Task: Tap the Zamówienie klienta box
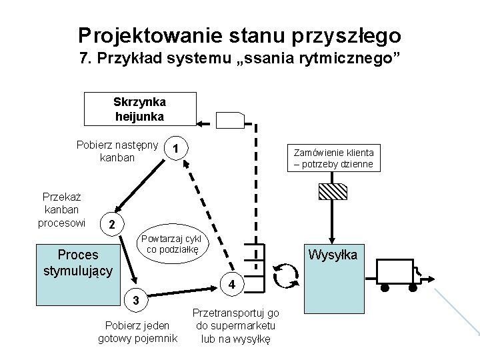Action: point(334,159)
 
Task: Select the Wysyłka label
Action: point(331,255)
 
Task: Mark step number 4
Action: point(231,285)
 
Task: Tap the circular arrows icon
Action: point(286,275)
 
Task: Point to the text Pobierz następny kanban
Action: point(117,151)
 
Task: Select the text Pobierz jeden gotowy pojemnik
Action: point(137,331)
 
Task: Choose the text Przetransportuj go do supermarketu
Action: point(235,325)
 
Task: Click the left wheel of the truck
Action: point(385,287)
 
